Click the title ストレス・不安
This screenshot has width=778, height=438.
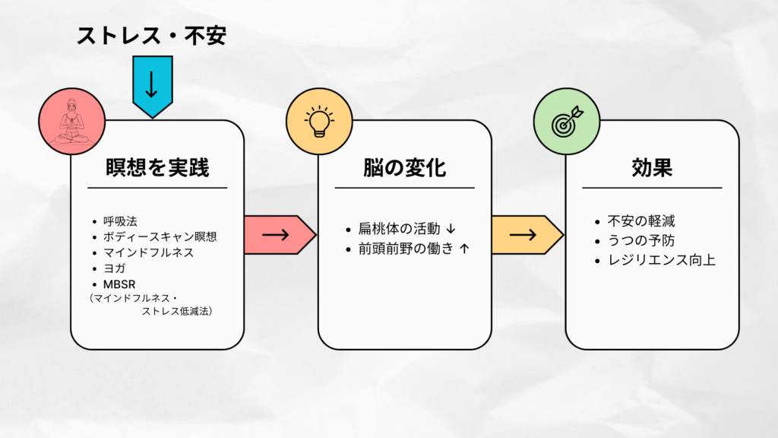151,35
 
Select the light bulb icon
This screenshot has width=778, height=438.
319,122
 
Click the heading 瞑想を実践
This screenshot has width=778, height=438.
157,167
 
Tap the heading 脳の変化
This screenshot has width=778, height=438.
403,167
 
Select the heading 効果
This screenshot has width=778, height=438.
651,167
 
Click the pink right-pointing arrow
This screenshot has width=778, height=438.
278,234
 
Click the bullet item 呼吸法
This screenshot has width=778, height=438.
121,221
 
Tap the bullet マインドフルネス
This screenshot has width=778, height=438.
148,252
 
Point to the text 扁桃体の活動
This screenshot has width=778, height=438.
398,229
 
